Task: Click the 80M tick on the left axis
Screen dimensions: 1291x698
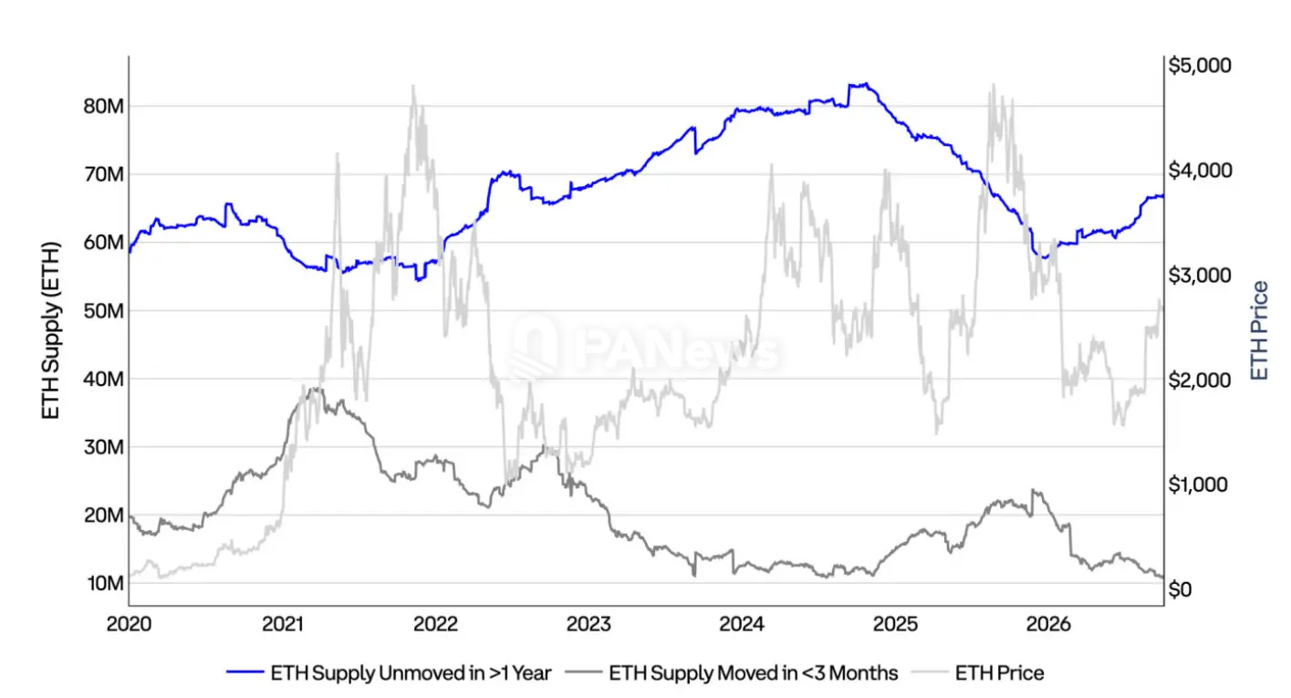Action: click(104, 106)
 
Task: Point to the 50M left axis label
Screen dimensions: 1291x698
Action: click(104, 311)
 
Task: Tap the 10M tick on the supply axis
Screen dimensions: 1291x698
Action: click(106, 583)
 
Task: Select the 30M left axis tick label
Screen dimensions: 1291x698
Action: click(104, 447)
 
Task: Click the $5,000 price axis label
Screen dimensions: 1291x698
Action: click(1200, 65)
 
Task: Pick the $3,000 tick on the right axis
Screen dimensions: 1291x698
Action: click(1200, 276)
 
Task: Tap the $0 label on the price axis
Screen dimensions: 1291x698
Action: click(1180, 589)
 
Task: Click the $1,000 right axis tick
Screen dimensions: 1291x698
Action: click(1198, 484)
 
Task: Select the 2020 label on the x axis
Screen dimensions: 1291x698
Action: click(130, 624)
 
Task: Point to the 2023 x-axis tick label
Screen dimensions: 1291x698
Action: click(588, 624)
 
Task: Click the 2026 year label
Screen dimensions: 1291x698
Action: click(1048, 624)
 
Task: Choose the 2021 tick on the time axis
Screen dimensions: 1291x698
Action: click(283, 624)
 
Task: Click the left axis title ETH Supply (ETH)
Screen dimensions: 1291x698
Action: click(51, 330)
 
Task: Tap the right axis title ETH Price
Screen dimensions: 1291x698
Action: click(1259, 330)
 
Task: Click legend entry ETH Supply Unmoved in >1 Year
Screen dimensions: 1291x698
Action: click(389, 673)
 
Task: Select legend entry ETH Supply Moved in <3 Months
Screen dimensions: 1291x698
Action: click(732, 673)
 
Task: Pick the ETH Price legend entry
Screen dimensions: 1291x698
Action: click(978, 673)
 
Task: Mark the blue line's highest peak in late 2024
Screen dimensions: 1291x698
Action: click(866, 84)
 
